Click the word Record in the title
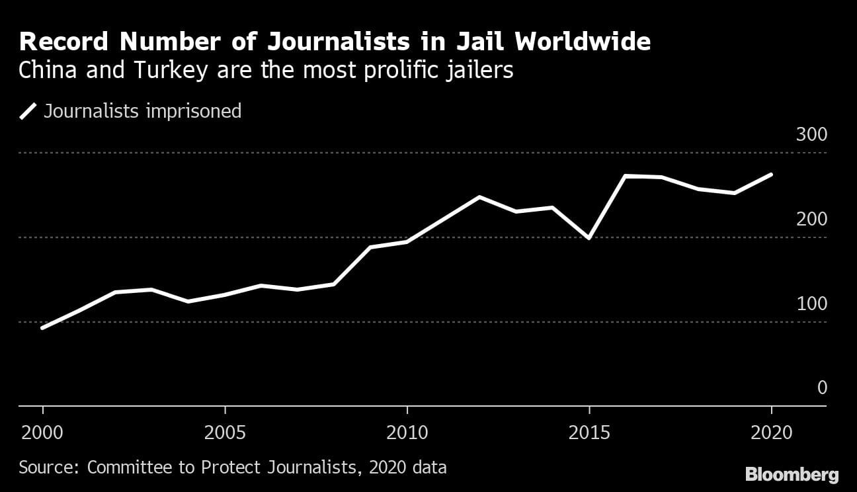63,42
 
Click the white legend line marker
28,111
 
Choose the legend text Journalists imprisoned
142,111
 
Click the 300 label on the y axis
811,135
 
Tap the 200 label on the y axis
811,220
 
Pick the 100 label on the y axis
811,304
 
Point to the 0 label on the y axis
822,388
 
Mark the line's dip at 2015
589,238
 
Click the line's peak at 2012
479,197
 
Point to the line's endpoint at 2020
771,175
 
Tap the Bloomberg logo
792,474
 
